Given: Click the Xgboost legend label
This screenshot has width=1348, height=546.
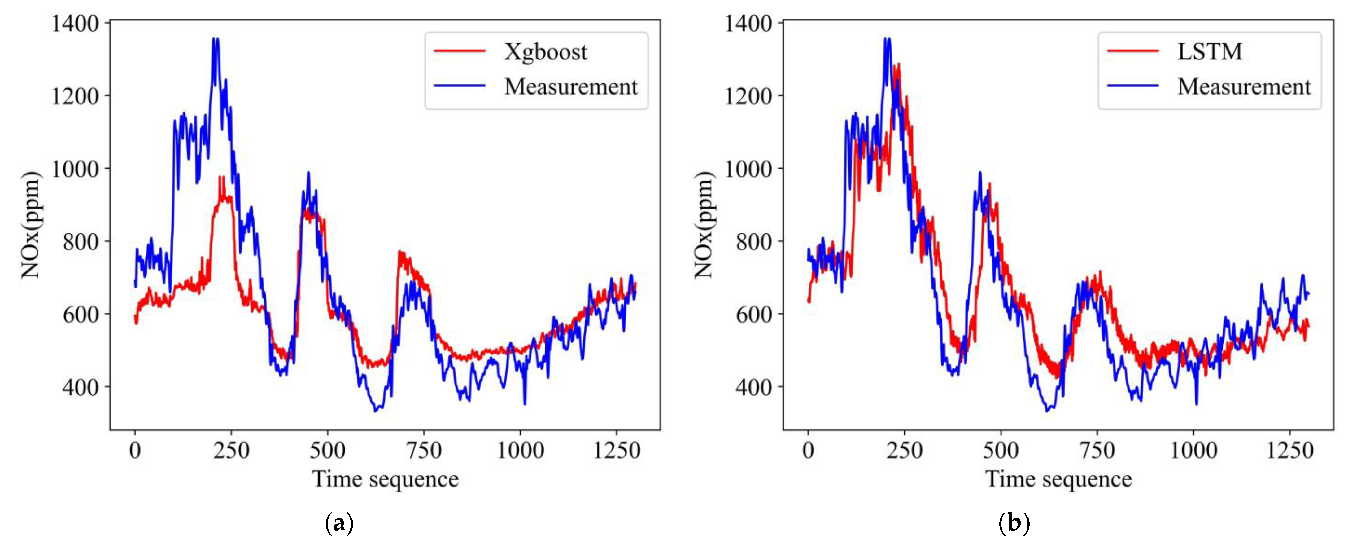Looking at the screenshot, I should pyautogui.click(x=545, y=52).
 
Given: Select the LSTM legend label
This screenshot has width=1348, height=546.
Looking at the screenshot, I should pyautogui.click(x=1209, y=51).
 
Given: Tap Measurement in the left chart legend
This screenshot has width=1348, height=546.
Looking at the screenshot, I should pyautogui.click(x=570, y=86).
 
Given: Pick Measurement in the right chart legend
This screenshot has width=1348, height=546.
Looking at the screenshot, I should pyautogui.click(x=1244, y=86).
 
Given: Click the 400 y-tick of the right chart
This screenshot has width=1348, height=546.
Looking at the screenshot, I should pyautogui.click(x=753, y=387).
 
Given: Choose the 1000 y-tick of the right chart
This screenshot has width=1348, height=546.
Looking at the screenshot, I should pyautogui.click(x=748, y=169).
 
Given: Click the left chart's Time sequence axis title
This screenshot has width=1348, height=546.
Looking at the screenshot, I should pyautogui.click(x=385, y=479).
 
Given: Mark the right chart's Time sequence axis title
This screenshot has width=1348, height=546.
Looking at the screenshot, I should pyautogui.click(x=1058, y=479).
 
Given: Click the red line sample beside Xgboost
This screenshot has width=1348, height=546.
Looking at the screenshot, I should pyautogui.click(x=460, y=51).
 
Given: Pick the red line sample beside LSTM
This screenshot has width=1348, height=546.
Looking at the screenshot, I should pyautogui.click(x=1132, y=51).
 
